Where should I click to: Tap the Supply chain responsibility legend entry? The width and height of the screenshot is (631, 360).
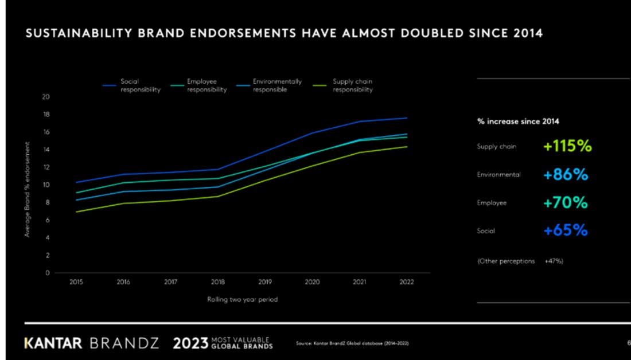(353, 85)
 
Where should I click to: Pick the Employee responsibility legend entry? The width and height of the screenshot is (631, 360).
(207, 85)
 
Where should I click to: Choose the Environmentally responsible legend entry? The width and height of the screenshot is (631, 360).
(277, 85)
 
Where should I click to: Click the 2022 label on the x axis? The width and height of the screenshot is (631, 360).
(407, 282)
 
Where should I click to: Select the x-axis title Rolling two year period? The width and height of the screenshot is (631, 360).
(242, 300)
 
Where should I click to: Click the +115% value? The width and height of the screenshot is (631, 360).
(567, 146)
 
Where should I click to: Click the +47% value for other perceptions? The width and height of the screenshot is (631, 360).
(554, 261)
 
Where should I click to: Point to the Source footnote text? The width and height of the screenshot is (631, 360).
(352, 343)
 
